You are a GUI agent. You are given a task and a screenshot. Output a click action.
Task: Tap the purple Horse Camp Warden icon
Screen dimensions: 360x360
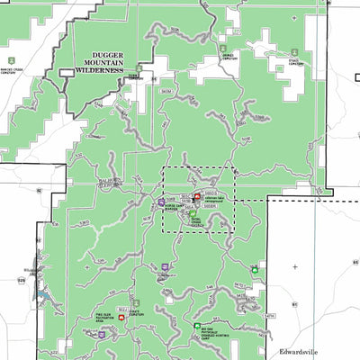161,202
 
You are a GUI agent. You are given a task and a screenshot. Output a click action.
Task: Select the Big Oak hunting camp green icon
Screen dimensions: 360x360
197,326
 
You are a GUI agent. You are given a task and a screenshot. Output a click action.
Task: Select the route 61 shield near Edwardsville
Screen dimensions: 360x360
292,306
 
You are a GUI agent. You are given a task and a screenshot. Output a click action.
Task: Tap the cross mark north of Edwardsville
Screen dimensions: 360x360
294,267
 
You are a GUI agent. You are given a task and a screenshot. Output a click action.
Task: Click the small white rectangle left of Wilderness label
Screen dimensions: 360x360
66,71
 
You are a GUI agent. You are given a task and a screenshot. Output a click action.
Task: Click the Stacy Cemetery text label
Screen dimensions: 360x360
293,63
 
